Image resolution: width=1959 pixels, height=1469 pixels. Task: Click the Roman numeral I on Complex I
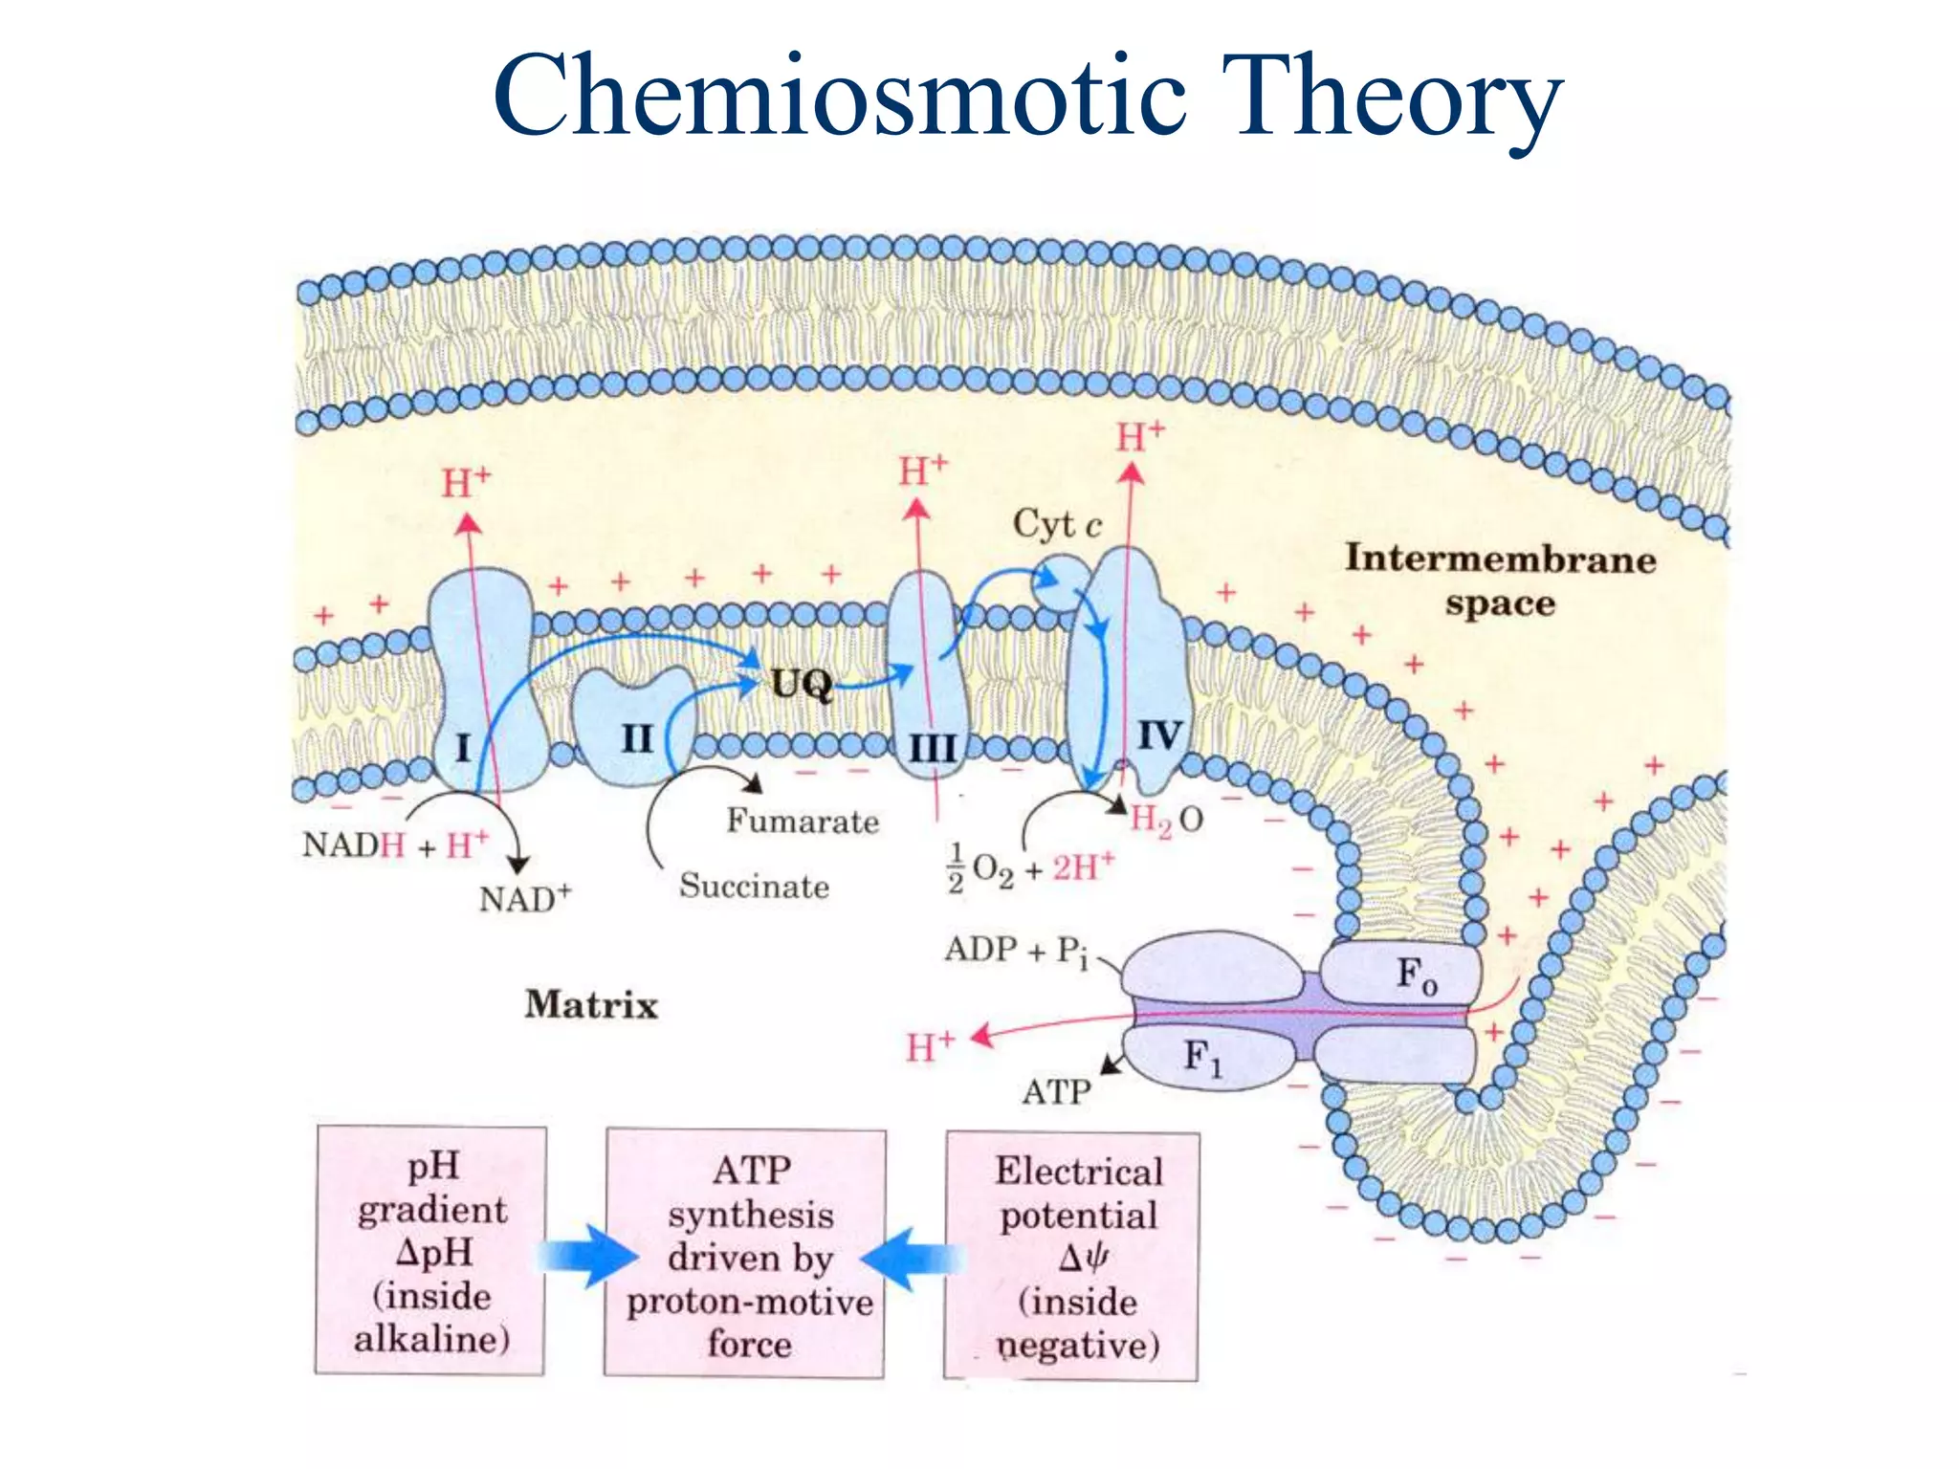click(x=463, y=747)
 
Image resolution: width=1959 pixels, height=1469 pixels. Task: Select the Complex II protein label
click(x=637, y=738)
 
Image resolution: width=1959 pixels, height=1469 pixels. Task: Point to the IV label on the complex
click(x=1159, y=735)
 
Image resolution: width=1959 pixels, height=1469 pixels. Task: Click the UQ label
click(x=802, y=684)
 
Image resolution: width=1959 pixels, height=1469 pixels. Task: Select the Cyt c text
click(x=1057, y=524)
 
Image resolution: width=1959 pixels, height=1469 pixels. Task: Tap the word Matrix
click(x=591, y=1004)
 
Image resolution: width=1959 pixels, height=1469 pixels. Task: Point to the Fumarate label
click(x=802, y=821)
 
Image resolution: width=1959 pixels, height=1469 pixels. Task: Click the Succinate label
click(x=754, y=886)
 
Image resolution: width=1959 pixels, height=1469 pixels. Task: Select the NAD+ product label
click(x=524, y=898)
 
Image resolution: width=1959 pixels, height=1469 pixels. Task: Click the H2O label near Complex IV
click(x=1166, y=820)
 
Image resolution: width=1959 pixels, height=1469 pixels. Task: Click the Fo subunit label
click(x=1417, y=975)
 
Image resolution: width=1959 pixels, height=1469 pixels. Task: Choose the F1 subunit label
click(x=1202, y=1057)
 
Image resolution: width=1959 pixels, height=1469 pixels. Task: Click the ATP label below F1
click(x=1056, y=1091)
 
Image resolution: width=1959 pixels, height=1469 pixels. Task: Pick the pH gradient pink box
click(x=430, y=1251)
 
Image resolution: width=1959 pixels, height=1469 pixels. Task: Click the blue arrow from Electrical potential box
click(x=913, y=1258)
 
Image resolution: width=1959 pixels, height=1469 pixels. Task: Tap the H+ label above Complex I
click(x=466, y=482)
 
